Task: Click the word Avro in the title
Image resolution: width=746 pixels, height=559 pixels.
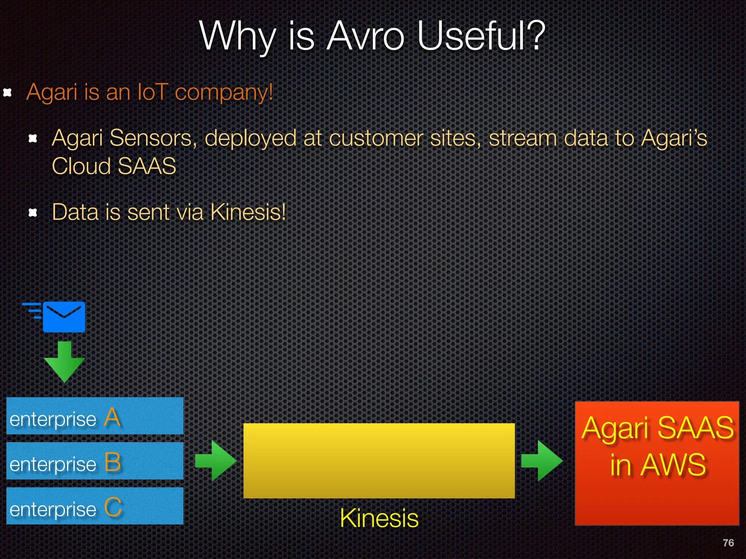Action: (x=365, y=36)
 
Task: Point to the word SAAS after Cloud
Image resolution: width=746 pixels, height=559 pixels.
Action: (x=147, y=166)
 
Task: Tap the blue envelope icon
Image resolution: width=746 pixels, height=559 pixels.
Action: (x=64, y=317)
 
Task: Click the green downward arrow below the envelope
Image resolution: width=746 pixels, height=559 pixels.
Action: (x=64, y=362)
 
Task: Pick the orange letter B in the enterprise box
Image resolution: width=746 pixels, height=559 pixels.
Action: (x=112, y=462)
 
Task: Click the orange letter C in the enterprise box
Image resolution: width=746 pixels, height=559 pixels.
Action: (x=113, y=507)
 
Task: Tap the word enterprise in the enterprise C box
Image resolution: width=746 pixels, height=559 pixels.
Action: (x=53, y=509)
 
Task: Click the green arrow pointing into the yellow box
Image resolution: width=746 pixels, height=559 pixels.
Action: (x=216, y=461)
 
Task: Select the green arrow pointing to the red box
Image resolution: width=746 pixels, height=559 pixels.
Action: (x=542, y=461)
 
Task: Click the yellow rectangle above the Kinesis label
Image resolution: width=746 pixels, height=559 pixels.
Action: (x=379, y=460)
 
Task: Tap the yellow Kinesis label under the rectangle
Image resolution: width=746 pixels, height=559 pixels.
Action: (x=379, y=518)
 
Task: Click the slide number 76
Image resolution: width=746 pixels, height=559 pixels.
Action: (x=728, y=543)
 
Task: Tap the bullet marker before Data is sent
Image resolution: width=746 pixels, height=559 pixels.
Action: (x=33, y=212)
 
